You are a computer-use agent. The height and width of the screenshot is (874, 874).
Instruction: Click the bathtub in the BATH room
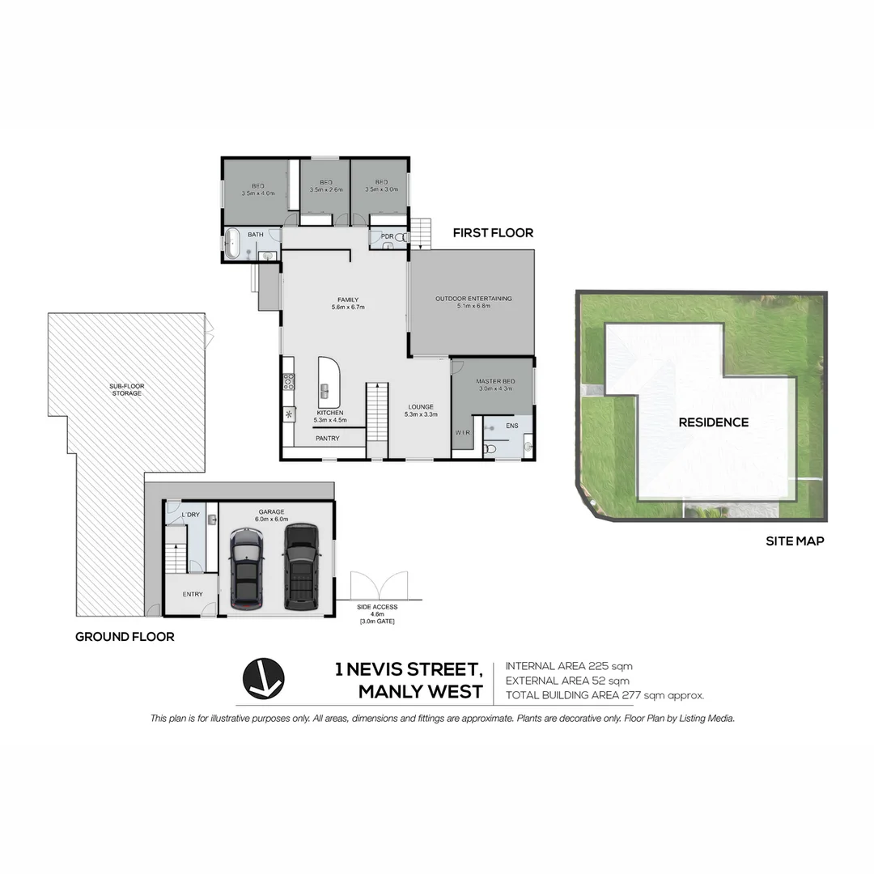tap(232, 244)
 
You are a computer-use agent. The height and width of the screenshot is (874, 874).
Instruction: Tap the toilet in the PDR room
tap(398, 238)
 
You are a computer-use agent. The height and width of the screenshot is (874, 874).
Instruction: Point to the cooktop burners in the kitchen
tap(288, 381)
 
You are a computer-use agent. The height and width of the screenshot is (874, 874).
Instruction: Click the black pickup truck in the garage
tap(300, 566)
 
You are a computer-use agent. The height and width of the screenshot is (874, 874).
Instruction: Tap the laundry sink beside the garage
tap(211, 519)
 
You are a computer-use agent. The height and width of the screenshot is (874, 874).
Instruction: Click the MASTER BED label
tap(492, 381)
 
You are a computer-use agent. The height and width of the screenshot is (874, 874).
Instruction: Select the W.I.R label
tap(462, 433)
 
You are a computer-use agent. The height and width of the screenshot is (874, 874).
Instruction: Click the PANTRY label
tap(327, 439)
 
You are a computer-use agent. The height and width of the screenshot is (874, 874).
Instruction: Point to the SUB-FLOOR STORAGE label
tap(127, 389)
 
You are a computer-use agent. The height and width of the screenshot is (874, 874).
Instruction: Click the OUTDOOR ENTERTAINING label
tap(473, 299)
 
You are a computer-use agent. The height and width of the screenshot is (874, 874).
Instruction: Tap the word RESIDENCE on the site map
tap(713, 422)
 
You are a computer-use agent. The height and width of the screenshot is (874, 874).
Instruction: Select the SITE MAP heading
tap(795, 541)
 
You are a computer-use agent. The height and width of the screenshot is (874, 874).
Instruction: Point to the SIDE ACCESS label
tap(375, 606)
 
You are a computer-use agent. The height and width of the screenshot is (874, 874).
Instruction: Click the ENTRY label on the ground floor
tap(193, 595)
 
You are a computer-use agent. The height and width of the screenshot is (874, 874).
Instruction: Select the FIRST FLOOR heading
tap(493, 233)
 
